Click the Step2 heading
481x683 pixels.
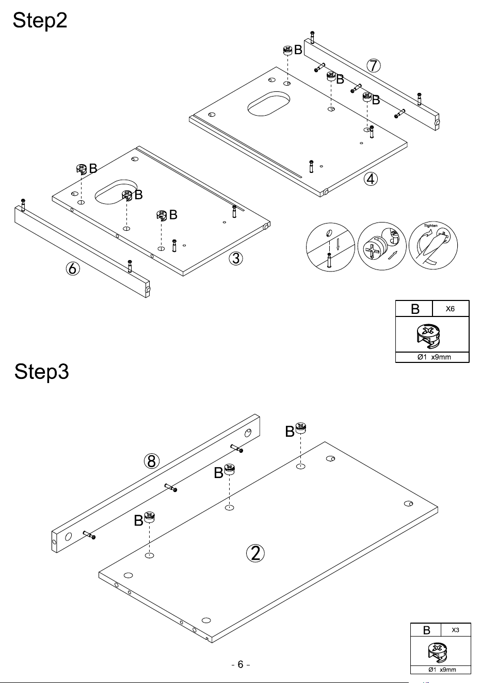(40, 21)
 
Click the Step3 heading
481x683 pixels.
(41, 372)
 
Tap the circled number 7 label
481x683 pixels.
(374, 66)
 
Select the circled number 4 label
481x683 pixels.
(371, 179)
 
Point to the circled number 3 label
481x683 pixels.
(236, 259)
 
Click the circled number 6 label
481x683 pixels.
(73, 268)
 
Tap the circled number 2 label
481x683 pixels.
(255, 553)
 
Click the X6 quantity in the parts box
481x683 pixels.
(450, 309)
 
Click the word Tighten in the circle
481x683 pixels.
(431, 226)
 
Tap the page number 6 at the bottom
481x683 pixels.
(241, 664)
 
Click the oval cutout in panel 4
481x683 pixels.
(268, 104)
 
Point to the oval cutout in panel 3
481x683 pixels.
(116, 192)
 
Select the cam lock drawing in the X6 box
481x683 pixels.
(428, 336)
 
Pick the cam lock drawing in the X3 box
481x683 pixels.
(438, 652)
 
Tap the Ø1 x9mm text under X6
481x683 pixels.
(434, 357)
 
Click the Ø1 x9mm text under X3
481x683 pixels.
(442, 670)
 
